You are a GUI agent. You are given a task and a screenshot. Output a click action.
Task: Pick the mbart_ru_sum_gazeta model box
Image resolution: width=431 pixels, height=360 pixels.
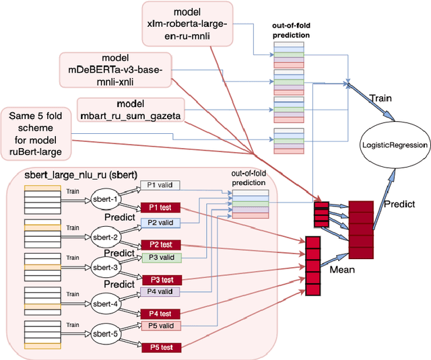tap(130, 110)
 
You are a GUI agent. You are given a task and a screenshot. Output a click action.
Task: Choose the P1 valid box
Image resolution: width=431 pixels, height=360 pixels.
tap(160, 185)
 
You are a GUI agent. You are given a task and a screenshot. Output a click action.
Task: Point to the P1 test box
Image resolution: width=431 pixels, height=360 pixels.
tap(160, 208)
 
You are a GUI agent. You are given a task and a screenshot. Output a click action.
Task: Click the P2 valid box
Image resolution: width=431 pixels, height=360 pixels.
tap(160, 222)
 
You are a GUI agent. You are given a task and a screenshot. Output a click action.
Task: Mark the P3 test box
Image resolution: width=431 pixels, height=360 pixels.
tap(160, 279)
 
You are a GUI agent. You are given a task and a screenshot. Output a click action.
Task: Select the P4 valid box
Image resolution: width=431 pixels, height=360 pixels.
tap(160, 292)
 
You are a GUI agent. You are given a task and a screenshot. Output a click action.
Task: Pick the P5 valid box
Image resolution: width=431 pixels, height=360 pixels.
tap(160, 326)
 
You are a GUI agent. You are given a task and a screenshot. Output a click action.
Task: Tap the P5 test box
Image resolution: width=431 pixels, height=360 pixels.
tap(160, 347)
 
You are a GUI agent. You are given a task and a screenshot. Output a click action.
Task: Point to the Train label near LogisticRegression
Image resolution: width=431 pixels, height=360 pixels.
tap(381, 98)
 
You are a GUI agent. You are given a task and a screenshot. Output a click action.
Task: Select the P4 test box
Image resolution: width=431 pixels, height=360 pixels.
tap(160, 314)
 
